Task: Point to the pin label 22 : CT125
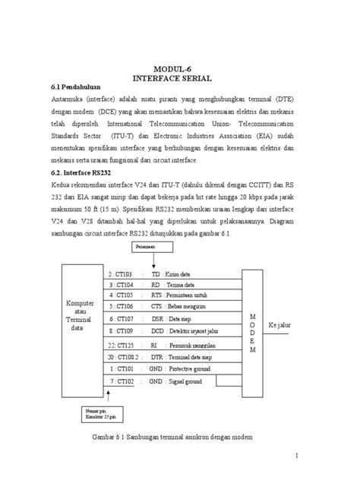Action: [x=122, y=344]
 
